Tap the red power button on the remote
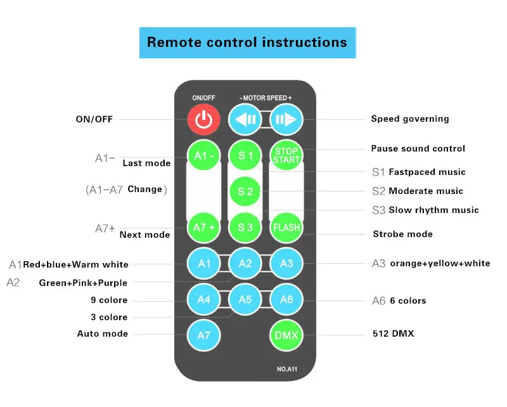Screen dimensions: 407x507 [203, 119]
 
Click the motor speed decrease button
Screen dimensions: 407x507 [245, 119]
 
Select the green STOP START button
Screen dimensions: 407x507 [286, 155]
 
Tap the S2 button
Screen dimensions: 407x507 [245, 191]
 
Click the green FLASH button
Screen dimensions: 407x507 [286, 227]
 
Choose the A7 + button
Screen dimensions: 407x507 [203, 227]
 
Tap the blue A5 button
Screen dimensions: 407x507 [245, 299]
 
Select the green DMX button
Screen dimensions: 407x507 [286, 335]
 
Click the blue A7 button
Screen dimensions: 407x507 [203, 335]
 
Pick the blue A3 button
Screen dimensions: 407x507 [286, 263]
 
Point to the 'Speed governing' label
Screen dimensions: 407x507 [410, 119]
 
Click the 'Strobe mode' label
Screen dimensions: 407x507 [402, 234]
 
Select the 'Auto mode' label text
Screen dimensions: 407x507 [103, 333]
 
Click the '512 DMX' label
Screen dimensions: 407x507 [393, 333]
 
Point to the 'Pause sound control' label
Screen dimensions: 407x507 [418, 148]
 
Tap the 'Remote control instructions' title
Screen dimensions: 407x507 [247, 42]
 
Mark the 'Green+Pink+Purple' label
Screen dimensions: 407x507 [83, 283]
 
